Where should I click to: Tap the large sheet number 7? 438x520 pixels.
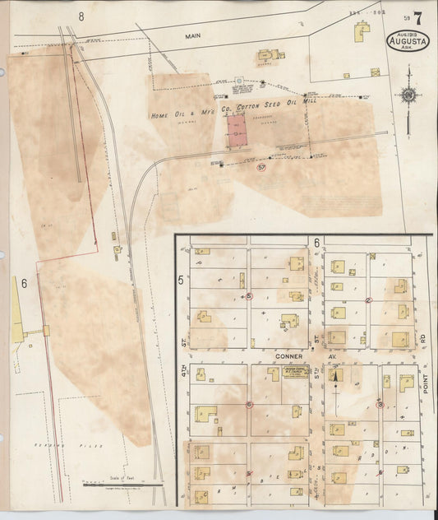pyautogui.click(x=418, y=17)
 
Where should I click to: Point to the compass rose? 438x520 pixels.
pyautogui.click(x=407, y=95)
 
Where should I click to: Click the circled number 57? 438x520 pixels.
pyautogui.click(x=261, y=167)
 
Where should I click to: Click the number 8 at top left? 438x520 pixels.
pyautogui.click(x=81, y=16)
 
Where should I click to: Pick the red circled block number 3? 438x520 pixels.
pyautogui.click(x=380, y=404)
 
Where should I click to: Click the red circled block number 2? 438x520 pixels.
pyautogui.click(x=369, y=299)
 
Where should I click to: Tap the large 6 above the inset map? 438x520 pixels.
pyautogui.click(x=316, y=243)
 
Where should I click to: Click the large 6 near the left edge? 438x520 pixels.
pyautogui.click(x=25, y=284)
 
